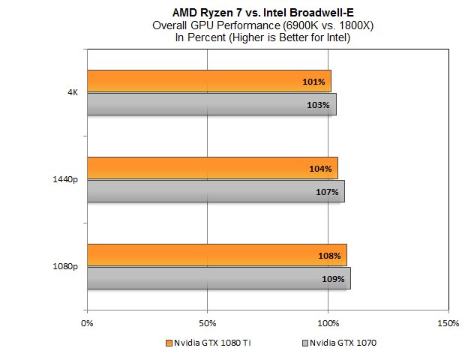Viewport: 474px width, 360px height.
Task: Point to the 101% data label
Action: pyautogui.click(x=314, y=82)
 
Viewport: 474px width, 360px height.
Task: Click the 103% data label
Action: pyautogui.click(x=319, y=105)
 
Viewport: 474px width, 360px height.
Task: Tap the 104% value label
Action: pyautogui.click(x=320, y=169)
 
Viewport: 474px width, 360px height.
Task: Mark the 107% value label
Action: pyautogui.click(x=327, y=192)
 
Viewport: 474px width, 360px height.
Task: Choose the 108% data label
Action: pyautogui.click(x=329, y=256)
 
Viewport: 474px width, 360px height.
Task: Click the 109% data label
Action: pyautogui.click(x=333, y=279)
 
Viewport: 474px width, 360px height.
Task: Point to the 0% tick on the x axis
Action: pyautogui.click(x=87, y=323)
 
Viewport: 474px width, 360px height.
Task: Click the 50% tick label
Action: pyautogui.click(x=208, y=323)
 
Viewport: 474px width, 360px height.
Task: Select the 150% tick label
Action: pyautogui.click(x=447, y=323)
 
